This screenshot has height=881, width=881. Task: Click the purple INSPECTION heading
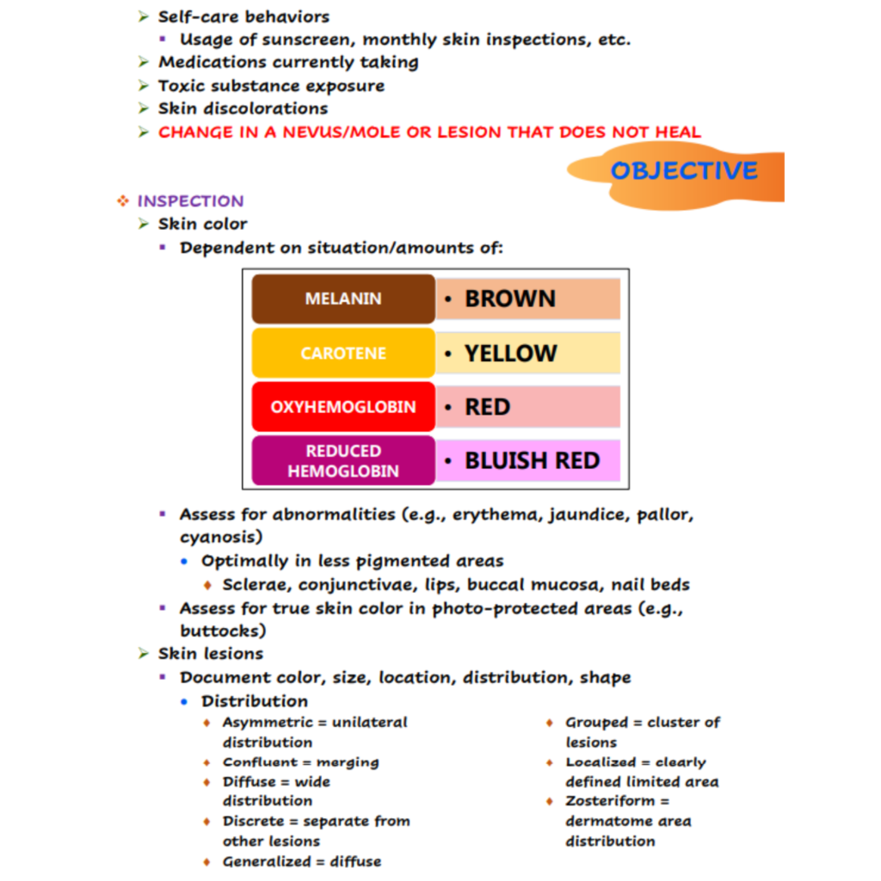pyautogui.click(x=190, y=201)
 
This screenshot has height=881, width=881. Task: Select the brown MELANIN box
pyautogui.click(x=343, y=299)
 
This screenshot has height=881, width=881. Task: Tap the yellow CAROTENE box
pyautogui.click(x=343, y=354)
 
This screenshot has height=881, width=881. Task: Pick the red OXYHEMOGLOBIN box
pyautogui.click(x=343, y=407)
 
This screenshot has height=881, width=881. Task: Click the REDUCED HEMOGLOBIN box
pyautogui.click(x=343, y=461)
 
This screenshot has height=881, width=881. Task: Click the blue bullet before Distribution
pyautogui.click(x=185, y=701)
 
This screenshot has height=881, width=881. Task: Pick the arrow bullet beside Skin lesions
pyautogui.click(x=144, y=654)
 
